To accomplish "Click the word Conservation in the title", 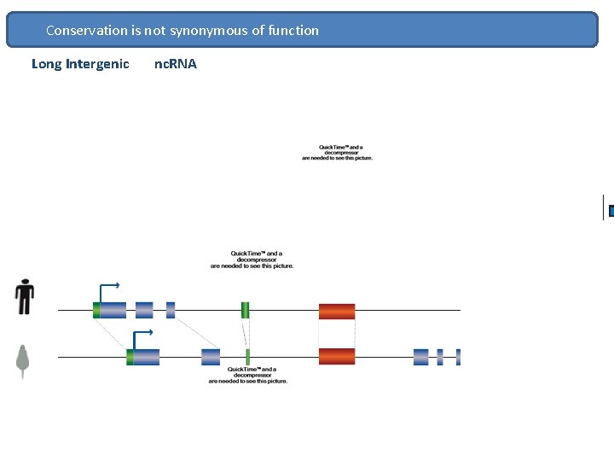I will coord(86,31).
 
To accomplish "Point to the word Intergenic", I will coord(97,64).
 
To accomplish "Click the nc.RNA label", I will coord(175,64).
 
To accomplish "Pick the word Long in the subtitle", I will coord(46,64).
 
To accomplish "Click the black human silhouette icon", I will coord(25,297).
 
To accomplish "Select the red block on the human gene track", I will coord(337,311).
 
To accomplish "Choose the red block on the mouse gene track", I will coord(337,357).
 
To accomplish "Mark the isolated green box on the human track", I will coord(245,310).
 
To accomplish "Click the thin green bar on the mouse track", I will coord(247,357).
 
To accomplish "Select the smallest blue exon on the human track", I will coord(171,310).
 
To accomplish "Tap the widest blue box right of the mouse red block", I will coord(420,357).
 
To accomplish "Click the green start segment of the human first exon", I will coord(96,310).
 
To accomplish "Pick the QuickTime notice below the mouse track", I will coord(247,375).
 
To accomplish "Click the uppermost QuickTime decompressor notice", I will coord(337,152).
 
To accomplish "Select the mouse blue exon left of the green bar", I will coord(211,357).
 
